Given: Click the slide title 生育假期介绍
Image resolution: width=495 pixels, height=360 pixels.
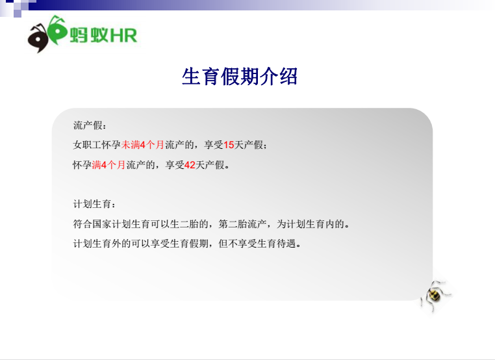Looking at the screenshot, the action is point(240,77).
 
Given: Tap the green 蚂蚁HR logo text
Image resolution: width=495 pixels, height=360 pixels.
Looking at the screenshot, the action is point(103,35).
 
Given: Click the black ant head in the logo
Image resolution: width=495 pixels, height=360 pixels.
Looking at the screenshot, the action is point(38,38).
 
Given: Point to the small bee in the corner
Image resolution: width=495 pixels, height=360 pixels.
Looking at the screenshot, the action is point(435,295).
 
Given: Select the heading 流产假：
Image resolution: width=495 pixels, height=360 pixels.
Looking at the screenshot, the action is point(90,125).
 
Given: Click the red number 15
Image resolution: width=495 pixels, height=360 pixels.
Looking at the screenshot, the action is point(229,145).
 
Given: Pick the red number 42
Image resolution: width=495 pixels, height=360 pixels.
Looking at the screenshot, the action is point(190,165).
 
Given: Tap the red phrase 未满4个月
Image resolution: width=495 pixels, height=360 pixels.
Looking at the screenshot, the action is point(143,145).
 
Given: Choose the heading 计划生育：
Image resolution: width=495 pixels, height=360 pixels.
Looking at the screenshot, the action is point(95,204).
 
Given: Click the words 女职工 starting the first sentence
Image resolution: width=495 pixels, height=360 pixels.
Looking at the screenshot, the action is point(88,145).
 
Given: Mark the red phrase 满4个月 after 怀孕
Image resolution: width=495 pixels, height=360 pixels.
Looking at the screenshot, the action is point(108,165).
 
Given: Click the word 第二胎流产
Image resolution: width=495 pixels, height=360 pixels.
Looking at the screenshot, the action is point(242,224).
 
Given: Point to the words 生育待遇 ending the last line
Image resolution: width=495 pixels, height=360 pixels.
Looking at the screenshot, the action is point(277,244).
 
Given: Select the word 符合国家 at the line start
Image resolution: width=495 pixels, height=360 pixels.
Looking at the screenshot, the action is point(92,224).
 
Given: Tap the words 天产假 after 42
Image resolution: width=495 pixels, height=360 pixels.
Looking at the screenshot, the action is point(210,165).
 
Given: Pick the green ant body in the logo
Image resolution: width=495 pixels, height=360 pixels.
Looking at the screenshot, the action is point(57,30).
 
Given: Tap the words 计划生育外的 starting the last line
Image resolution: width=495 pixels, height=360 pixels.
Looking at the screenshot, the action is point(101,244).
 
